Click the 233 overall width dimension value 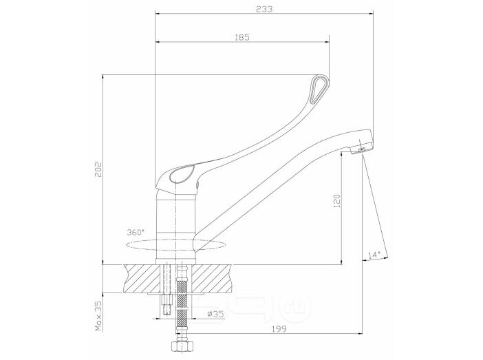click(264, 9)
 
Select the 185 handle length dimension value click(242, 37)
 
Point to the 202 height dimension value click(98, 169)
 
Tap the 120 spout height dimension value click(338, 201)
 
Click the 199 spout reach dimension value click(279, 329)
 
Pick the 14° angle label click(374, 255)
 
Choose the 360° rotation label click(136, 232)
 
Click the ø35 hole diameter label click(215, 314)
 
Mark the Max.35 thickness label click(98, 315)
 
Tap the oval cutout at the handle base click(182, 174)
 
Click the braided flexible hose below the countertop click(182, 301)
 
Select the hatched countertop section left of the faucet click(142, 277)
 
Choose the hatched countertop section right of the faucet click(213, 277)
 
